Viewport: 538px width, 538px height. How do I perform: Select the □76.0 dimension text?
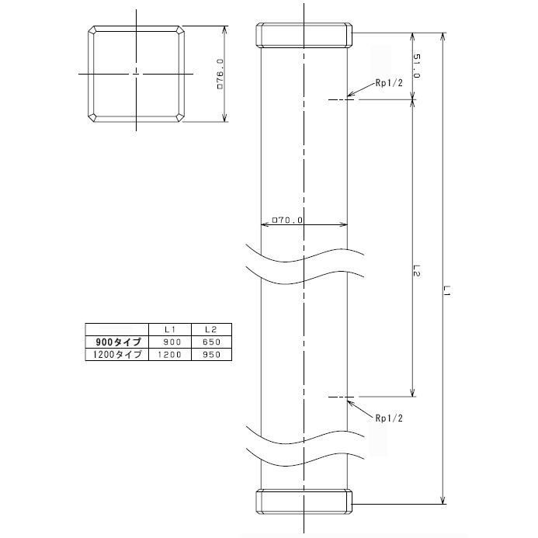click(x=220, y=75)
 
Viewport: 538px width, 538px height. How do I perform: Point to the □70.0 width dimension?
click(x=287, y=220)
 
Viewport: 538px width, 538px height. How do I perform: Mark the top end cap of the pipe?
click(x=304, y=35)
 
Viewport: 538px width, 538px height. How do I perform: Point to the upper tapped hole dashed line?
click(x=339, y=99)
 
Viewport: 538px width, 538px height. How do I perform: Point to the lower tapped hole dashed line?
click(x=340, y=397)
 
